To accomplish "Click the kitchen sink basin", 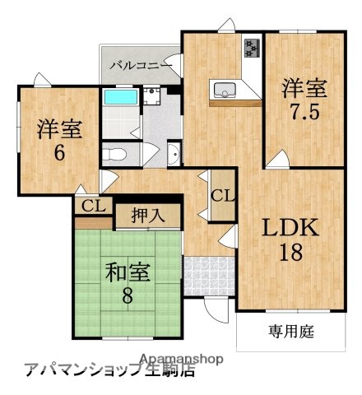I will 224,89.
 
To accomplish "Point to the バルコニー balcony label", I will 141,63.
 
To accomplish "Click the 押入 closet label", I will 149,216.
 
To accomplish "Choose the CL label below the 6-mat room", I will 92,205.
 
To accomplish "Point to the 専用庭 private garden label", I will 291,332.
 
